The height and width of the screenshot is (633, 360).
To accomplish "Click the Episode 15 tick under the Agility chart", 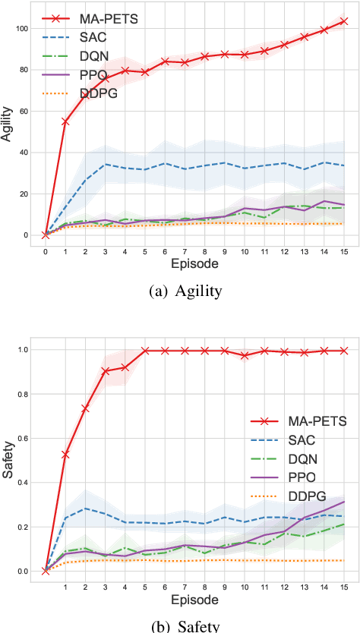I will click(345, 249).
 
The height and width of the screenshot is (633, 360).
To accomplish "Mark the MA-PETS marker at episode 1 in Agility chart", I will click(65, 121).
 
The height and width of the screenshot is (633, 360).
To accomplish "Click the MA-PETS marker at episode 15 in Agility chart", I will click(345, 21).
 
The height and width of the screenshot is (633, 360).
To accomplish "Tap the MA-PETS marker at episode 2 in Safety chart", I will click(85, 408).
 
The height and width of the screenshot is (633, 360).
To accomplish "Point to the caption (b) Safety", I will click(181, 626).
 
